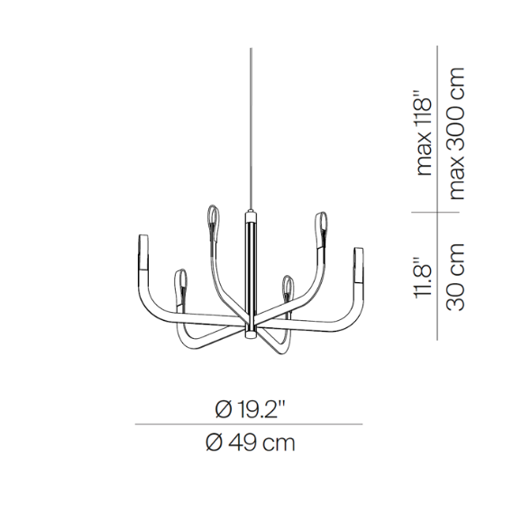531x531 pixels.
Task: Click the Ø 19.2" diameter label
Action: (251, 409)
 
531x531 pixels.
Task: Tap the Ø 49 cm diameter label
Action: (251, 443)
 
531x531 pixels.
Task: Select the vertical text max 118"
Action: (424, 133)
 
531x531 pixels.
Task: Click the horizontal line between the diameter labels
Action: (249, 424)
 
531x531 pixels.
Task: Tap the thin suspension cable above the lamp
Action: (251, 129)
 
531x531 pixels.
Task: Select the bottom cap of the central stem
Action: (251, 335)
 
